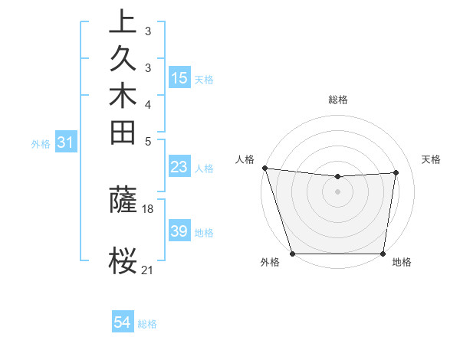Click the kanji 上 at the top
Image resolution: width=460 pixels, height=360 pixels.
click(x=123, y=21)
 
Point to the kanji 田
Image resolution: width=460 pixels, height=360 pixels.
click(x=123, y=134)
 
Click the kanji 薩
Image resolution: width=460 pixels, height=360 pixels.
click(x=123, y=200)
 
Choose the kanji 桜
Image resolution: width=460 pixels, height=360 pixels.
click(x=123, y=261)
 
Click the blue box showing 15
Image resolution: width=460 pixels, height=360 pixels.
click(x=179, y=77)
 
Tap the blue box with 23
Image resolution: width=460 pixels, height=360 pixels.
click(x=179, y=168)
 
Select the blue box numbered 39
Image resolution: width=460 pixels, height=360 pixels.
click(x=179, y=231)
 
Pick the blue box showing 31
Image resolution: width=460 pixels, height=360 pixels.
click(x=66, y=142)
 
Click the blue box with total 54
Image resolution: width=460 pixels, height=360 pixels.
click(x=123, y=322)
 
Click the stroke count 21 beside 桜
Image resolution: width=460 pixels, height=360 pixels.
click(x=148, y=270)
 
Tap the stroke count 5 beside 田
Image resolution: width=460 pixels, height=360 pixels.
click(x=148, y=141)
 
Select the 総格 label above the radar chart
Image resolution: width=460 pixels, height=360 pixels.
click(x=338, y=100)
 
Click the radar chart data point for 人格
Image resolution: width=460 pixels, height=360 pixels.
click(x=264, y=168)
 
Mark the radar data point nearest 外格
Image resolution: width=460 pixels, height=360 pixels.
click(x=292, y=254)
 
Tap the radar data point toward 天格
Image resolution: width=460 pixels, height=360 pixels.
click(x=396, y=172)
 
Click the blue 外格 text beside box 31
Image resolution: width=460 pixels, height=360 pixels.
click(x=41, y=142)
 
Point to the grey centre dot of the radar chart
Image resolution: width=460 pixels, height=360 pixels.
click(x=338, y=191)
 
